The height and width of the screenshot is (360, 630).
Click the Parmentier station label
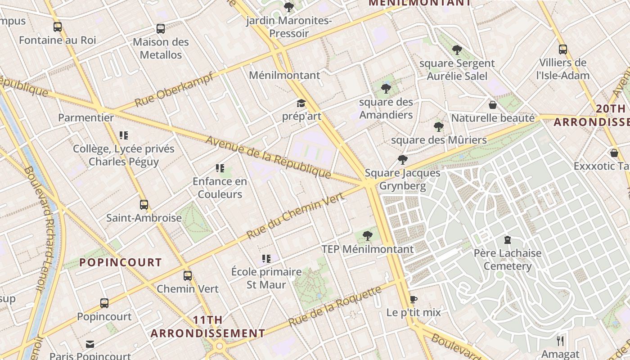(86, 118)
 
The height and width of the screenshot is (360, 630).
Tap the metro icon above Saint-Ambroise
(144, 205)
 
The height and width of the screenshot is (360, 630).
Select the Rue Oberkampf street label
(174, 89)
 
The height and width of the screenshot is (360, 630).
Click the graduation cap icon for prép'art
(301, 103)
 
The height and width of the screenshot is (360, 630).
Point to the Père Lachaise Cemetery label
(508, 260)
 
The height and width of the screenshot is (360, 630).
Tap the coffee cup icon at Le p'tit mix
(414, 299)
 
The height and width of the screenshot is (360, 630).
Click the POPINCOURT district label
(121, 262)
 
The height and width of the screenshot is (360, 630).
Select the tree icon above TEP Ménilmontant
(367, 235)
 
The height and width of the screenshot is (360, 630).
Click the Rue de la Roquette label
(335, 307)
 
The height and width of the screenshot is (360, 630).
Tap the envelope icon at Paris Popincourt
(90, 344)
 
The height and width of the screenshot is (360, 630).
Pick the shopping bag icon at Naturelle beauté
(493, 105)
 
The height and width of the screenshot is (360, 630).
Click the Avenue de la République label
(268, 157)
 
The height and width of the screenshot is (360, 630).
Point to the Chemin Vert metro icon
(188, 276)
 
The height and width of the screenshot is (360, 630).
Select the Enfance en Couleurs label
(220, 188)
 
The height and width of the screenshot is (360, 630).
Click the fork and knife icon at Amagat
(560, 341)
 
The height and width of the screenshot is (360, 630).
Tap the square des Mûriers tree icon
(439, 127)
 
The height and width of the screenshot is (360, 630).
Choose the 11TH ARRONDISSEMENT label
(207, 327)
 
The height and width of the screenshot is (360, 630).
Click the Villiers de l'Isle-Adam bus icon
(562, 49)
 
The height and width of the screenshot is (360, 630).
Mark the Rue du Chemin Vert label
(296, 216)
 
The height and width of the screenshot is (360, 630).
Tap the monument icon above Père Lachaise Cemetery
(508, 240)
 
